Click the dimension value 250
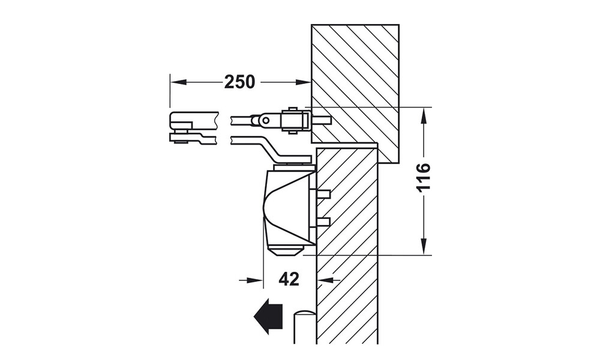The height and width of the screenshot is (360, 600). click(x=239, y=82)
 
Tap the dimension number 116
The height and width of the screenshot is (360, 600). click(x=423, y=177)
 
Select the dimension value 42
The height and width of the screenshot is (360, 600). click(x=289, y=279)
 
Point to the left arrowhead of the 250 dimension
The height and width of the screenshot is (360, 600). click(x=178, y=82)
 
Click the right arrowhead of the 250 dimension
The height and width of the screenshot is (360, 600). click(x=303, y=82)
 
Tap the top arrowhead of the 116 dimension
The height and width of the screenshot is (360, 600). click(x=424, y=115)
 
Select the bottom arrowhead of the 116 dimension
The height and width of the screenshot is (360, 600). click(x=424, y=247)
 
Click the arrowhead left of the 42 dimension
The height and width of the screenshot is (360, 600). click(x=256, y=280)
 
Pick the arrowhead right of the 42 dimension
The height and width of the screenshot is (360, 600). click(x=325, y=280)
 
